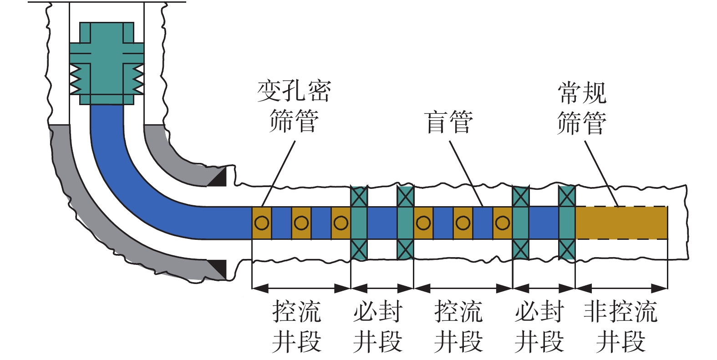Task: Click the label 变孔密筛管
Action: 294,106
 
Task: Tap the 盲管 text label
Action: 448,122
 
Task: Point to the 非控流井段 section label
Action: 620,326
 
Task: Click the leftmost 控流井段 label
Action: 296,326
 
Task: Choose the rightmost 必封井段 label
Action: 539,326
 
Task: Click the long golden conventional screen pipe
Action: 621,223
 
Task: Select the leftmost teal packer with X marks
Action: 359,223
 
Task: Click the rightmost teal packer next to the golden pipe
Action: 567,223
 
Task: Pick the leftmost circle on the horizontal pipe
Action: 262,223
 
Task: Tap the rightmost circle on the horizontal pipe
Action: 502,223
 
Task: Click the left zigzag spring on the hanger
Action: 75,79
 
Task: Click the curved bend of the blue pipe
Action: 132,182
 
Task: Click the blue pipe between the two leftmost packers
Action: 382,223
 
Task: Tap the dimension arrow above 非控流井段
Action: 621,288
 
